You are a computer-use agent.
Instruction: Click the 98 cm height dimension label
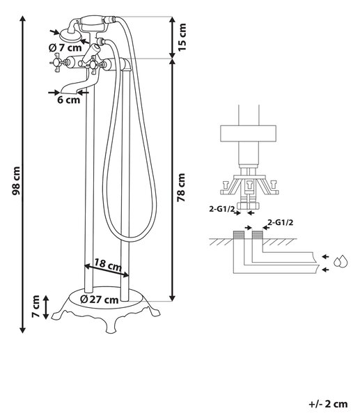(x=16, y=180)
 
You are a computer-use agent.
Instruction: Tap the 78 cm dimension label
(x=181, y=187)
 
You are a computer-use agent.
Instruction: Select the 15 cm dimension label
(x=182, y=37)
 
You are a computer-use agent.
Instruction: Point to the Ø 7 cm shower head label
(x=65, y=48)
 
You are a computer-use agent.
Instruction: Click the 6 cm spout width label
(x=68, y=100)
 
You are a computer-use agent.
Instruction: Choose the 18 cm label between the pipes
(x=108, y=265)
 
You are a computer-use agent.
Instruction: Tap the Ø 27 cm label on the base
(x=100, y=300)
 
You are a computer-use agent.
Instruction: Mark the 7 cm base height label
(x=36, y=307)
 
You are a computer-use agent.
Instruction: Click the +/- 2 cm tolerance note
(x=328, y=404)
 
